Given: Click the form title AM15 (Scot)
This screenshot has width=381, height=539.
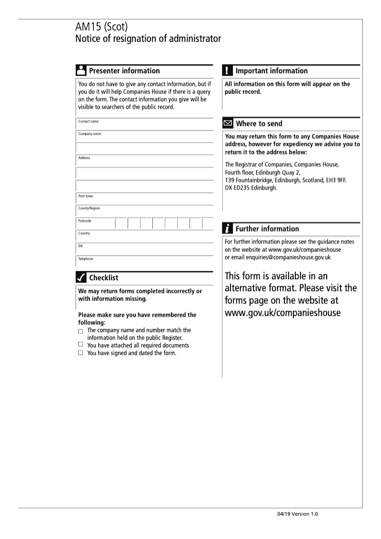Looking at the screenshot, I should tap(101, 28).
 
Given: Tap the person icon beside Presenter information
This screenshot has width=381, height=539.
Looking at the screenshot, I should tap(81, 71).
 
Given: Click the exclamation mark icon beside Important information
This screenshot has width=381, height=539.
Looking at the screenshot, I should tap(228, 71).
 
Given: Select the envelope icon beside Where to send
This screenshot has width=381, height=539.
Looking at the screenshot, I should tap(228, 123).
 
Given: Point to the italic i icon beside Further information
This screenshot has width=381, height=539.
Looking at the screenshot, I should tap(228, 229).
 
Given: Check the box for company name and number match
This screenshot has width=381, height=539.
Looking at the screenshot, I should tap(80, 331).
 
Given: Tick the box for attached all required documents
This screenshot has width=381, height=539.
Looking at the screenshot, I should tap(80, 345).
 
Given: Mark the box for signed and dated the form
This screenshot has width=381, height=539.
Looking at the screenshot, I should tap(80, 353).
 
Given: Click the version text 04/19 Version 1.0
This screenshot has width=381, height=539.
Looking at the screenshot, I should tap(297, 514).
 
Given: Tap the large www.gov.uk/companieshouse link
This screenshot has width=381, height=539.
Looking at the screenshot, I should tap(282, 313).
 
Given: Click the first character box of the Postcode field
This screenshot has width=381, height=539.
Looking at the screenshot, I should tap(121, 223).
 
